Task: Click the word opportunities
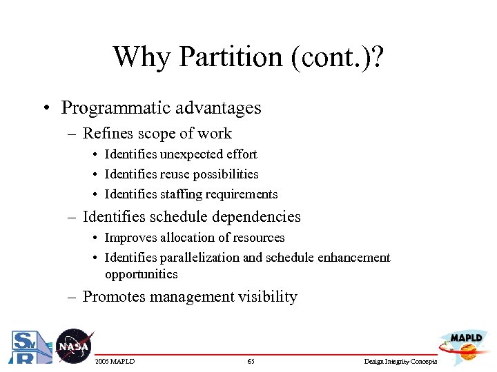click(141, 274)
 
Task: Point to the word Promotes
click(113, 297)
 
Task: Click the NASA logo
click(72, 345)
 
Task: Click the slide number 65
click(251, 362)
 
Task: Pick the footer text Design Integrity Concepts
click(401, 362)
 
